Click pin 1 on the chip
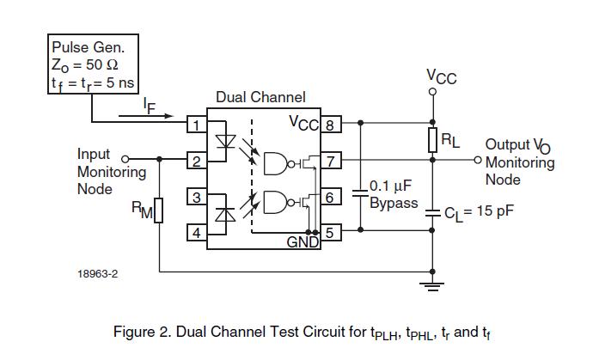click(x=197, y=125)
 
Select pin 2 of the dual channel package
click(x=197, y=161)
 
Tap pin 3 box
click(x=197, y=198)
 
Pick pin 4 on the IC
click(x=197, y=232)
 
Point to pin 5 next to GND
click(x=330, y=232)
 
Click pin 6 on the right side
click(x=330, y=198)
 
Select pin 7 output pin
click(x=330, y=161)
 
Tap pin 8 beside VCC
click(x=330, y=125)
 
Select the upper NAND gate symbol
click(x=278, y=162)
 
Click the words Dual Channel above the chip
click(x=260, y=98)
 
